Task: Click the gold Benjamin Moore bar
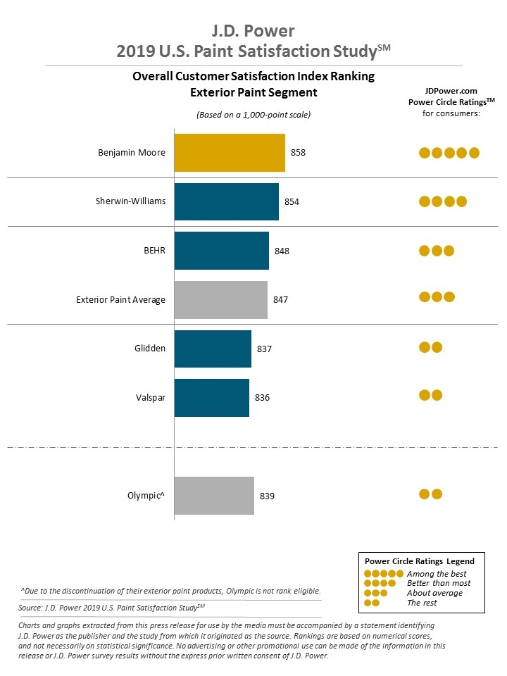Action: click(230, 153)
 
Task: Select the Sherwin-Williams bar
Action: click(226, 201)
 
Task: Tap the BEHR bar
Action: click(221, 251)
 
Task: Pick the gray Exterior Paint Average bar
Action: click(220, 300)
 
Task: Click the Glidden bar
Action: click(212, 349)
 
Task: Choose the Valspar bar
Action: click(211, 398)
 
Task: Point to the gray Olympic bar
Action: click(213, 496)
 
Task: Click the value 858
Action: click(299, 153)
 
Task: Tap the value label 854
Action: click(292, 202)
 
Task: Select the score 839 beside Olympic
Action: click(267, 496)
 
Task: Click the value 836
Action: click(262, 398)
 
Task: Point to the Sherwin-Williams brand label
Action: click(130, 201)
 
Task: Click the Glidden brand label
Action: click(149, 349)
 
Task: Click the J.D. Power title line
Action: click(254, 30)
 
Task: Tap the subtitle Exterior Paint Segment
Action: click(254, 92)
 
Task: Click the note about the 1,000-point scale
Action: click(254, 114)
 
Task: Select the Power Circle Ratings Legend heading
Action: click(419, 561)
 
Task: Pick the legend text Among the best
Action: click(437, 574)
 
